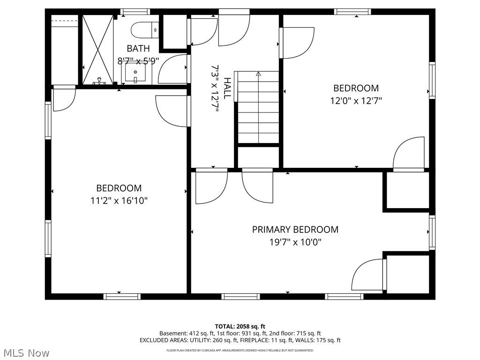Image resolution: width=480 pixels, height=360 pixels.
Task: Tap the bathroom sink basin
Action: [x=135, y=73]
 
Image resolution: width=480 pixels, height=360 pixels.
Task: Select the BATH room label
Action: [x=138, y=48]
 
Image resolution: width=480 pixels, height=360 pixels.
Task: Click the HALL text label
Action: [x=227, y=89]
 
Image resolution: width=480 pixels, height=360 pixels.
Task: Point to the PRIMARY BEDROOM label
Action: [x=295, y=230]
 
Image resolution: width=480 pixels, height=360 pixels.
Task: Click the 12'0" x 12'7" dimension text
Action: [x=356, y=101]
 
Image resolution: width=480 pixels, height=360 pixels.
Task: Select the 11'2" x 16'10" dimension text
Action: [x=119, y=201]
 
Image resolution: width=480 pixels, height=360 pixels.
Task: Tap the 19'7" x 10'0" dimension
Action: [x=295, y=242]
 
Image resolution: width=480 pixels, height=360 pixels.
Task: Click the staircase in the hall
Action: [x=258, y=107]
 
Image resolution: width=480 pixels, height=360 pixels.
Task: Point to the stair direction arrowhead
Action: [x=258, y=74]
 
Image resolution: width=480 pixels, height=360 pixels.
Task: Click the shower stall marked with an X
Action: [x=98, y=50]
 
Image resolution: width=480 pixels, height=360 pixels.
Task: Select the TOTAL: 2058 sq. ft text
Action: [x=240, y=326]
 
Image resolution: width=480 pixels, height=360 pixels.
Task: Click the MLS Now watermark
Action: [x=24, y=353]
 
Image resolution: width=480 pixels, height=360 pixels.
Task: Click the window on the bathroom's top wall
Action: [x=135, y=12]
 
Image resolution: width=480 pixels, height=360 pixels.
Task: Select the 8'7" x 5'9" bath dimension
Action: [x=138, y=61]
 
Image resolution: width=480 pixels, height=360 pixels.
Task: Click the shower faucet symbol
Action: [x=99, y=81]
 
